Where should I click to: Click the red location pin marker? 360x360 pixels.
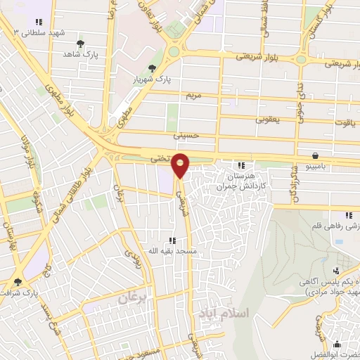pos(181,165)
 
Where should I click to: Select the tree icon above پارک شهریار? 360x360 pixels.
pos(153,68)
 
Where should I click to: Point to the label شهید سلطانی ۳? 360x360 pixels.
pos(38,32)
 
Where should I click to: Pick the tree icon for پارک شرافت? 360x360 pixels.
pos(18,282)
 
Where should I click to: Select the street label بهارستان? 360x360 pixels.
pos(9,238)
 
